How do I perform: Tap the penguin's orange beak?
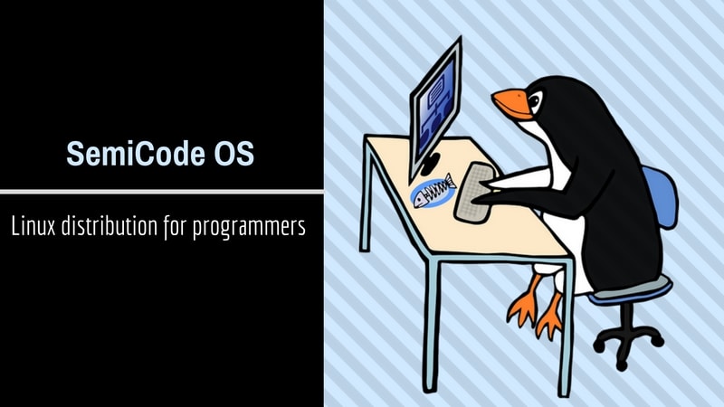point(510,104)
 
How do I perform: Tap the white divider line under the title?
point(161,192)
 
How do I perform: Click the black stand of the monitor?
point(429,166)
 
